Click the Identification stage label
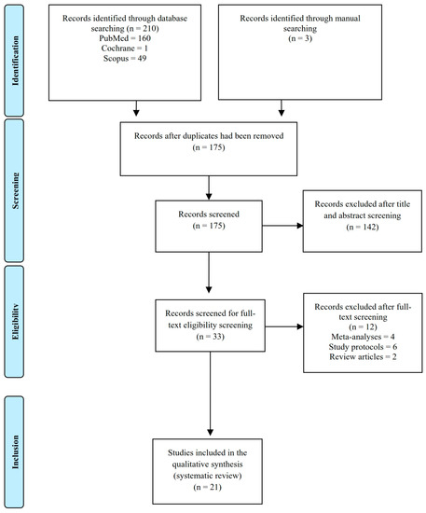click(x=18, y=57)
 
